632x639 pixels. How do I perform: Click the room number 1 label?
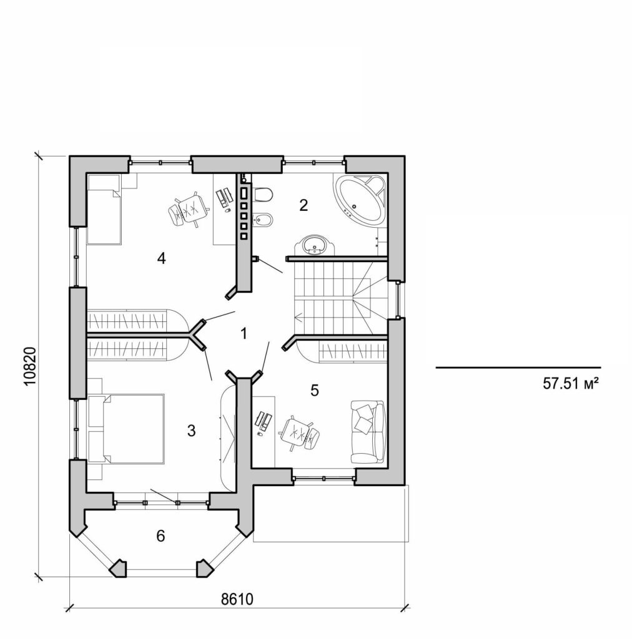244,334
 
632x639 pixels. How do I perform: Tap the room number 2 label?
304,205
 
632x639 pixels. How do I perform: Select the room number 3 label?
191,430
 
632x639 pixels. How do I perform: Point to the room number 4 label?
161,258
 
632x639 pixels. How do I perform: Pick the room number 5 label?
315,391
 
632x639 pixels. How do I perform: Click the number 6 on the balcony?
160,535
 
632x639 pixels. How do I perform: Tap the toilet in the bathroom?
263,195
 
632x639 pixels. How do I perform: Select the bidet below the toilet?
263,220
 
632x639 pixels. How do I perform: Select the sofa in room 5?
368,431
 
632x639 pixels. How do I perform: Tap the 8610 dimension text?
237,599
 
